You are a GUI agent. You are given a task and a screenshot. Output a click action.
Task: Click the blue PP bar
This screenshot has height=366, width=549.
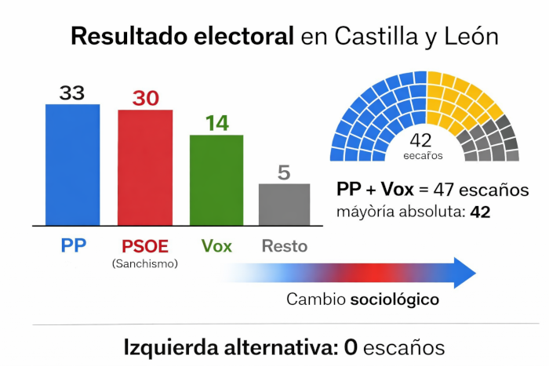(72, 165)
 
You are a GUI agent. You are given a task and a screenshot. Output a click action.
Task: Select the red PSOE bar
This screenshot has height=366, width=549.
(145, 167)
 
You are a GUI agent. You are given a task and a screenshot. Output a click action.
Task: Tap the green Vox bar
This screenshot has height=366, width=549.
(216, 179)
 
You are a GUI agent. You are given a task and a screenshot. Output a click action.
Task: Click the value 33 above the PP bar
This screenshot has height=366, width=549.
(72, 93)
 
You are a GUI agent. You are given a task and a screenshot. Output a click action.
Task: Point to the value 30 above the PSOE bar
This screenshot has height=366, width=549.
(145, 99)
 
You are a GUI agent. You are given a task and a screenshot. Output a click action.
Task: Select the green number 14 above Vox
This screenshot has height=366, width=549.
(216, 123)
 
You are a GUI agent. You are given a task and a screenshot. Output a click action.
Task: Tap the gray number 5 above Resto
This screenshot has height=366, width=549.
(284, 172)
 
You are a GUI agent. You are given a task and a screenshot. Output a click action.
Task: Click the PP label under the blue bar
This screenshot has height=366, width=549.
(73, 245)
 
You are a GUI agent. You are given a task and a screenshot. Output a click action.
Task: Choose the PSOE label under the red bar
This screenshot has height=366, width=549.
(145, 245)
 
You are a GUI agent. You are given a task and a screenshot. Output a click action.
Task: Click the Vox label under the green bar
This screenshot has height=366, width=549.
(216, 245)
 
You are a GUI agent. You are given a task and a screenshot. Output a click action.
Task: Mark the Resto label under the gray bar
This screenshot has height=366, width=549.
(284, 245)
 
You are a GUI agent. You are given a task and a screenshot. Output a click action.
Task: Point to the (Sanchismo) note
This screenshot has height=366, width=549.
(145, 263)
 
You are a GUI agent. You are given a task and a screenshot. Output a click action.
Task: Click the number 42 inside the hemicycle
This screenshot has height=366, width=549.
(421, 140)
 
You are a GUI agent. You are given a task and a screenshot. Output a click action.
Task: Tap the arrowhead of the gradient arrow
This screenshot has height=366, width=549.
(464, 272)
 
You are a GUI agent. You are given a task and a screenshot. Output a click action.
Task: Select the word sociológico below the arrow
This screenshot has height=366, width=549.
(394, 299)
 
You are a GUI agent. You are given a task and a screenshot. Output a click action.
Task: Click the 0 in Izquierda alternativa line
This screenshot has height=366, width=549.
(351, 346)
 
